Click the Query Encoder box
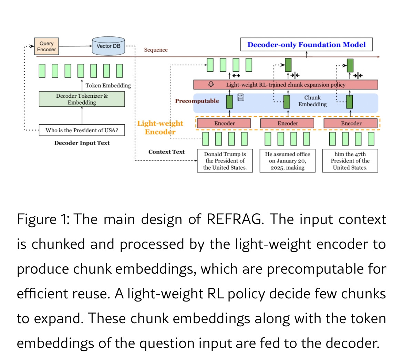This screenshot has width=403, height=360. pos(46,46)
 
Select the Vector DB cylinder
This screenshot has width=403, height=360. pos(108,46)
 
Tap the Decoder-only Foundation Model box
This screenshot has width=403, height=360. pos(306,45)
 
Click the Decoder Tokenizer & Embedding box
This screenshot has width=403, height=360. pos(82,99)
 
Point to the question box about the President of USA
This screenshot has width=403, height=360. pos(82,130)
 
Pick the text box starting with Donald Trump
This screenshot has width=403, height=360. pos(225,161)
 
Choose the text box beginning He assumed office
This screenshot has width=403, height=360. pos(288,161)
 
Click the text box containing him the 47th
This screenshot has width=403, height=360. pos(350,161)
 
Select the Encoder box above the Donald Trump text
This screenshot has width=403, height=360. pos(225,123)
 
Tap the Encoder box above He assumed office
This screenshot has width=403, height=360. pos(288,123)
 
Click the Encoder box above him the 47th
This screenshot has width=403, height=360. pos(351,123)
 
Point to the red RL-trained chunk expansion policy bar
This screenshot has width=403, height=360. pos(286,85)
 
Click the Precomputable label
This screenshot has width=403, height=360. pos(197,101)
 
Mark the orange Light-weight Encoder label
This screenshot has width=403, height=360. pos(160,128)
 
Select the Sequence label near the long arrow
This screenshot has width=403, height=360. pos(156,50)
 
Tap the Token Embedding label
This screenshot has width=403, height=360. pos(108,85)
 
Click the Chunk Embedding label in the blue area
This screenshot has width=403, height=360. pos(312,101)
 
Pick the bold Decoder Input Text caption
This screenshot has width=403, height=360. pos(82,143)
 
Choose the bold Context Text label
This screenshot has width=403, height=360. pos(166,152)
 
